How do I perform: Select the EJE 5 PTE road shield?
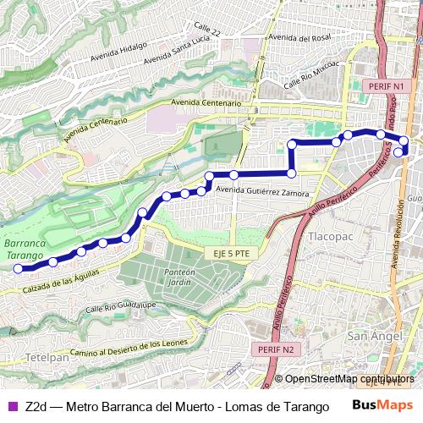point(228,253)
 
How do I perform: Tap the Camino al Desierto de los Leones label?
point(140,348)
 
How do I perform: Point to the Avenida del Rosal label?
point(301,37)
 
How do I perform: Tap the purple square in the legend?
point(13,407)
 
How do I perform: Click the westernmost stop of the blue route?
point(17,268)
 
